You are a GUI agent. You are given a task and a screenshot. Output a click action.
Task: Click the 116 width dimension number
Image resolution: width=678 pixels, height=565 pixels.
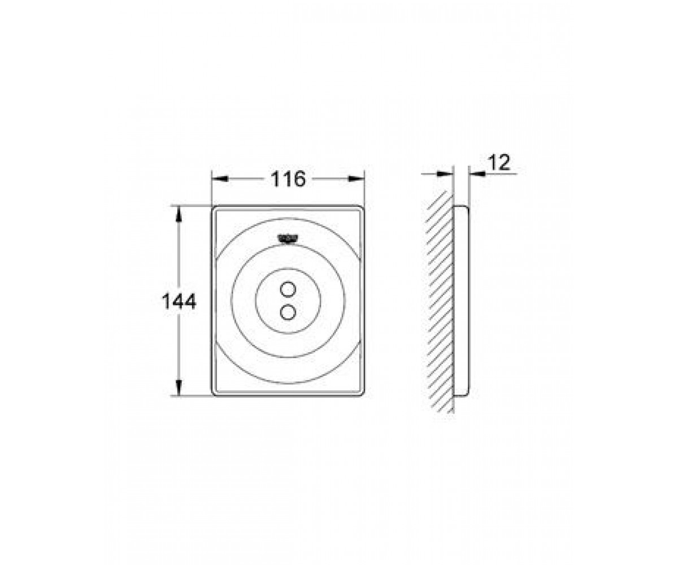tap(288, 179)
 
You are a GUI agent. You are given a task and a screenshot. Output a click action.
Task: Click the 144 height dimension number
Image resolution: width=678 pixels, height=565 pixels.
tap(179, 301)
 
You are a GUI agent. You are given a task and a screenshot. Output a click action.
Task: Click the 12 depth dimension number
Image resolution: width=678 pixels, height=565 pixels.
tap(499, 163)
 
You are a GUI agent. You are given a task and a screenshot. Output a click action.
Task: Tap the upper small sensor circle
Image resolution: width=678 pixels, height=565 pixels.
tap(288, 290)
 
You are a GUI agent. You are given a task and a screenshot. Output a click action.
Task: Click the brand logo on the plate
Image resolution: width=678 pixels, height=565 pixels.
tap(288, 238)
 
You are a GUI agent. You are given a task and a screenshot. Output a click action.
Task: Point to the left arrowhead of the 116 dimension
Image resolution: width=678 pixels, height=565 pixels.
tap(220, 179)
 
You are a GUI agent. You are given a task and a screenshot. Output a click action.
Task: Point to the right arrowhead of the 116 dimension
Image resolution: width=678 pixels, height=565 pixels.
tap(356, 179)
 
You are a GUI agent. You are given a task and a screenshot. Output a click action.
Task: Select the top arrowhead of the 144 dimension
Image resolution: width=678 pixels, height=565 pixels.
tap(179, 214)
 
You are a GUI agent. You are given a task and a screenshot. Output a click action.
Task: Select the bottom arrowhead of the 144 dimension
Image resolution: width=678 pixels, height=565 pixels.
tap(179, 388)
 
